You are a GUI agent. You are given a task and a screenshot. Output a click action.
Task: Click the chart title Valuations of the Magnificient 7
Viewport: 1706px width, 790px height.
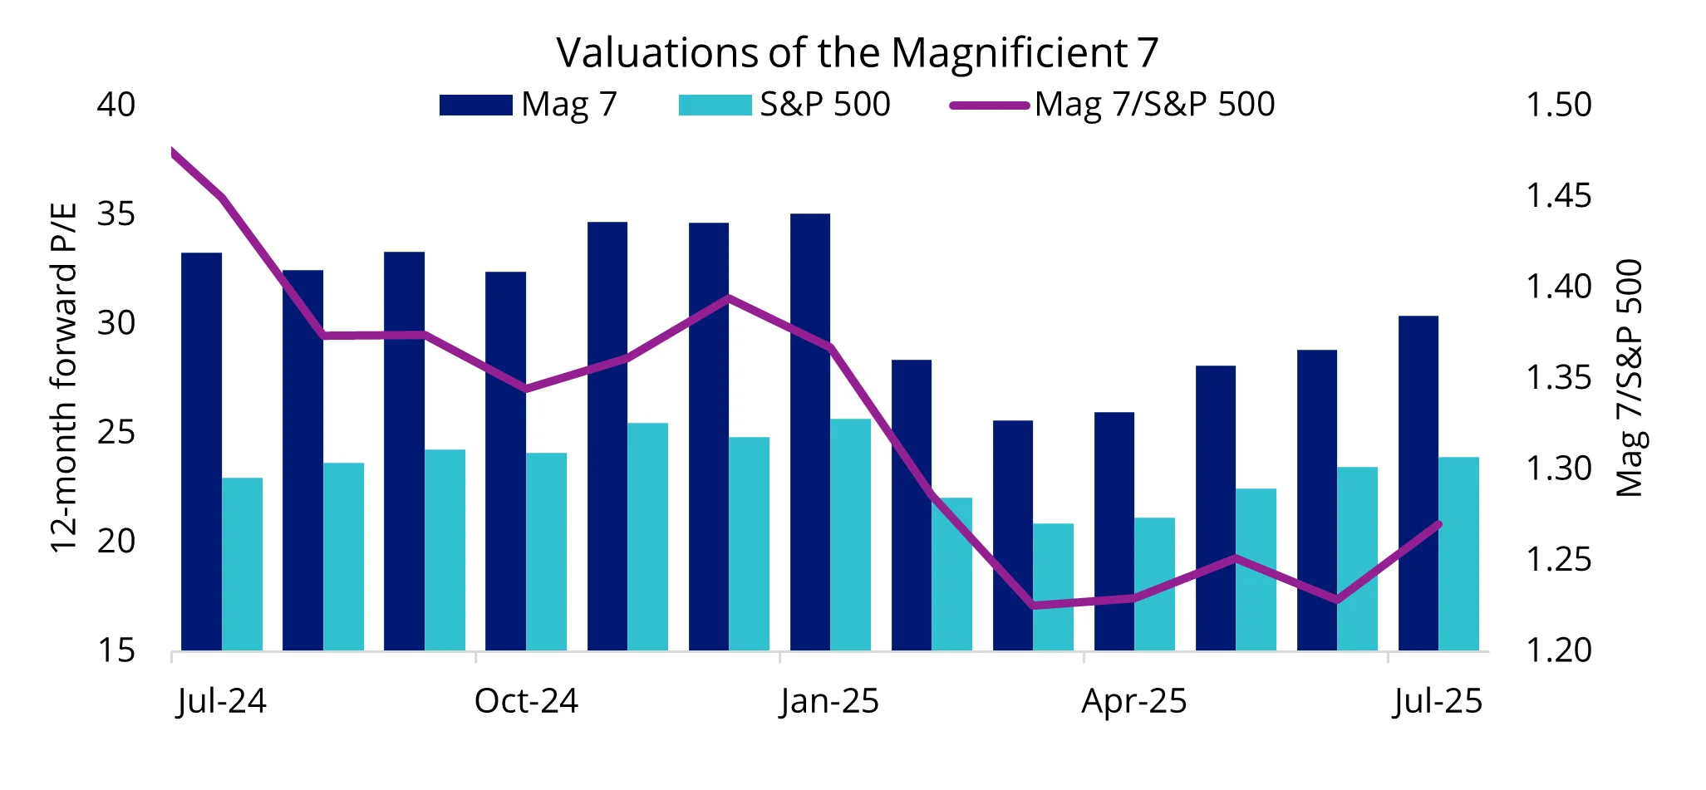pyautogui.click(x=857, y=52)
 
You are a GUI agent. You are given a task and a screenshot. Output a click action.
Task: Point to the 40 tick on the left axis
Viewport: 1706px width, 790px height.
pyautogui.click(x=116, y=105)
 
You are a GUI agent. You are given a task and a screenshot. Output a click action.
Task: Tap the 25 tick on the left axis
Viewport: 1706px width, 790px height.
pyautogui.click(x=116, y=432)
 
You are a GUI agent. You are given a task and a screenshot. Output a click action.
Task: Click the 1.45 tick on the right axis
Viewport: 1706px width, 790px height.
pyautogui.click(x=1559, y=196)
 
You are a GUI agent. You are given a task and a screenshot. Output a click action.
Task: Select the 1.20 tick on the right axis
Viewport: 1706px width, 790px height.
pyautogui.click(x=1559, y=650)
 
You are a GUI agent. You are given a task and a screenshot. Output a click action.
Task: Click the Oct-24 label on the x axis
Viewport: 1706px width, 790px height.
pyautogui.click(x=526, y=702)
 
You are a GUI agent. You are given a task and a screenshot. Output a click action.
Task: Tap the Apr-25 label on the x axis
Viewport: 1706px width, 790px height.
pyautogui.click(x=1134, y=702)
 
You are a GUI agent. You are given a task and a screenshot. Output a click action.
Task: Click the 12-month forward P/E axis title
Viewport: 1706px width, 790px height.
pyautogui.click(x=63, y=377)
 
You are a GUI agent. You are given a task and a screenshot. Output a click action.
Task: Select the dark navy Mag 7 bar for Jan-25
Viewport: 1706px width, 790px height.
pyautogui.click(x=810, y=432)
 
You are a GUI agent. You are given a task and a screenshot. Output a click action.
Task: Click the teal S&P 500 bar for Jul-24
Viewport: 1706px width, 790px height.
pyautogui.click(x=242, y=564)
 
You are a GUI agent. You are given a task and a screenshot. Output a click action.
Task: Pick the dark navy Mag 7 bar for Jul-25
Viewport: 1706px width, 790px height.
pyautogui.click(x=1418, y=483)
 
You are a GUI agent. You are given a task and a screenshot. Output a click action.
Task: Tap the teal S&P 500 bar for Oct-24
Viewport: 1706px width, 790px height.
pyautogui.click(x=546, y=552)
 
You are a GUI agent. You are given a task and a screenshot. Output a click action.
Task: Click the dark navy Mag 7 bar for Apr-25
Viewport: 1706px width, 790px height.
pyautogui.click(x=1114, y=531)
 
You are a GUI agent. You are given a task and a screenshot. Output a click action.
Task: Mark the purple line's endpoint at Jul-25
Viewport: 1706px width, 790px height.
pyautogui.click(x=1438, y=524)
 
